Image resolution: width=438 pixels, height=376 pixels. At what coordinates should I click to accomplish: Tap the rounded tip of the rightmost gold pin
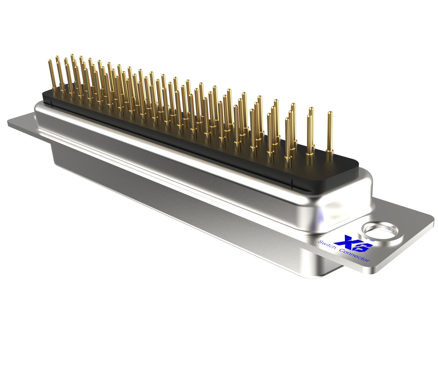[330, 113]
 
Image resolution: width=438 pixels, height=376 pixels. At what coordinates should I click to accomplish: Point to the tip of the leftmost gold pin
[50, 61]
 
